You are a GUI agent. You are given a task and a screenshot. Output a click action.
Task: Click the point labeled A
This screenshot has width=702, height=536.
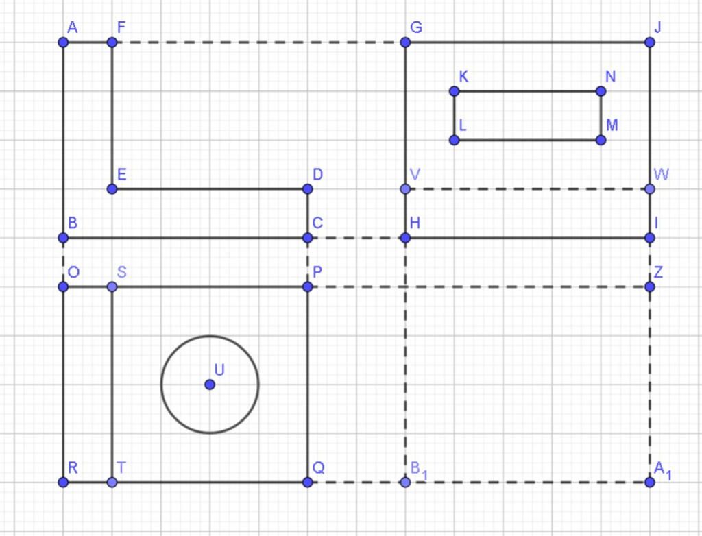click(x=63, y=42)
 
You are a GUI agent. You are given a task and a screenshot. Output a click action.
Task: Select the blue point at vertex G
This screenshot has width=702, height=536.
click(x=405, y=42)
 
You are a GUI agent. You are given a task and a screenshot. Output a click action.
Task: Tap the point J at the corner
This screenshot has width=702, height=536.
click(x=650, y=42)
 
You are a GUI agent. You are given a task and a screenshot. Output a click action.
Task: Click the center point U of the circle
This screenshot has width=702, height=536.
click(x=210, y=385)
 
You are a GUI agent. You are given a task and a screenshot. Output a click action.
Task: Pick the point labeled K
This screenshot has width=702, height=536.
click(x=454, y=91)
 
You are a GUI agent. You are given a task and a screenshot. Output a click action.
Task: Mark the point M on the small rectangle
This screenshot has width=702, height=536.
click(x=601, y=140)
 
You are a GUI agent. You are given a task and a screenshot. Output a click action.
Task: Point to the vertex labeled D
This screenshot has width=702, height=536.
click(x=307, y=189)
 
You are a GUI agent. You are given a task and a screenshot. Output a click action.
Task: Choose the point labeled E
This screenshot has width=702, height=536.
click(x=112, y=189)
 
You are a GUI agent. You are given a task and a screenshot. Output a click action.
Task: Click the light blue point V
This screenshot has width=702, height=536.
click(x=405, y=189)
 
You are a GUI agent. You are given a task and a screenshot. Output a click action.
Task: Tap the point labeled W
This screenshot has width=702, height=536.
click(x=650, y=189)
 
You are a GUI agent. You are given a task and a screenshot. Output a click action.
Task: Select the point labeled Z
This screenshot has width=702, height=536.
click(x=650, y=287)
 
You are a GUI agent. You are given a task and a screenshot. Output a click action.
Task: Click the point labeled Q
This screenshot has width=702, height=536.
click(x=307, y=483)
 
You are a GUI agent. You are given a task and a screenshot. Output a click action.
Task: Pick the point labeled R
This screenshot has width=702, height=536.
click(x=63, y=483)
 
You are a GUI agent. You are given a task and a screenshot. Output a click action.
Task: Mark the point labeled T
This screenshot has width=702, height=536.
click(x=112, y=483)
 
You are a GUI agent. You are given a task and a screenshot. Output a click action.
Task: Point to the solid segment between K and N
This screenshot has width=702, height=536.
click(x=528, y=91)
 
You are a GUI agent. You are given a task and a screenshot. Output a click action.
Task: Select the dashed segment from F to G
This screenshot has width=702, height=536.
click(x=258, y=42)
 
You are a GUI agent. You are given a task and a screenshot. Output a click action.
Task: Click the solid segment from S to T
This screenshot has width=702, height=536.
click(x=112, y=385)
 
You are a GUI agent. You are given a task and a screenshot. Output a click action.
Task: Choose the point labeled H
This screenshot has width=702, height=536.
click(x=405, y=238)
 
